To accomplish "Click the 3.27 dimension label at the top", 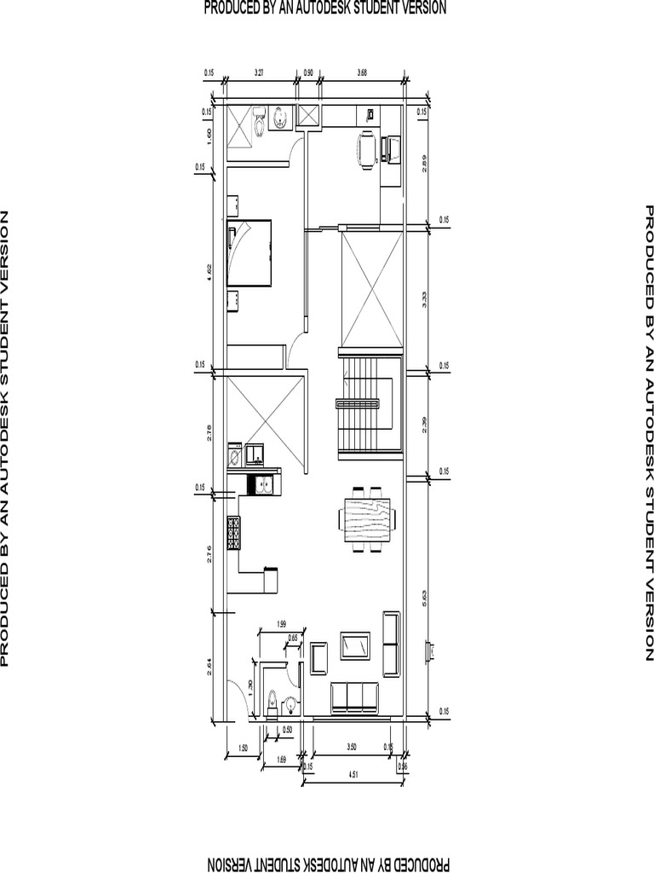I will (259, 72).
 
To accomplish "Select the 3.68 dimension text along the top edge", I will (362, 72).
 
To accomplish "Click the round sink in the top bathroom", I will (279, 119).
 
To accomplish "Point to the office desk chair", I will (366, 151).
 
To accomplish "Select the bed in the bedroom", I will (250, 252).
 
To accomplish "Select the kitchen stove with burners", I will (233, 533).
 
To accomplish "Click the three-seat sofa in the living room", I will (354, 697).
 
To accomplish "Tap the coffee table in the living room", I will (354, 645).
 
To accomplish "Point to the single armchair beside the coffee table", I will (319, 658).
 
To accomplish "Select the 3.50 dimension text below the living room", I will (352, 747).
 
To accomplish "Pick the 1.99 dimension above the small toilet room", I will (280, 626).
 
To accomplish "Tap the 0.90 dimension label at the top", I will (308, 72).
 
